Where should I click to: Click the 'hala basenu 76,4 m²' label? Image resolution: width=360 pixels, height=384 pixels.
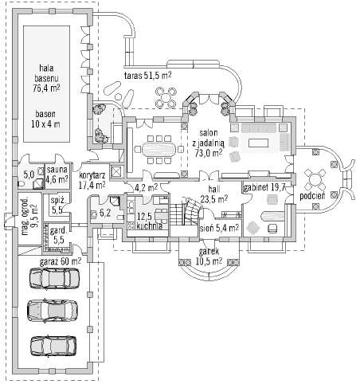pos(46,78)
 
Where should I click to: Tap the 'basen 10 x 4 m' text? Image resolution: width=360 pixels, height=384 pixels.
pos(45,119)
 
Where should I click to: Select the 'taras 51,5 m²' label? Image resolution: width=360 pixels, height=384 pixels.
pos(148,76)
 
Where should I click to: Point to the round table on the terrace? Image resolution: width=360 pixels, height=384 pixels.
pos(166,97)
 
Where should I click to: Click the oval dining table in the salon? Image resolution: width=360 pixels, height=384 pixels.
pos(158,149)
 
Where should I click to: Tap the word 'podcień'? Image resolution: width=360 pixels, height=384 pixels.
pos(312,196)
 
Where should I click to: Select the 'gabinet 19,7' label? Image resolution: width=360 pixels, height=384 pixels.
pos(264,187)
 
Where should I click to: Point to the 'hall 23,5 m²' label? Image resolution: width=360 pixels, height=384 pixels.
pos(214,194)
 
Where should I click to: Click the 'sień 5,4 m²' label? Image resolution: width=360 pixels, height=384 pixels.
pos(220,228)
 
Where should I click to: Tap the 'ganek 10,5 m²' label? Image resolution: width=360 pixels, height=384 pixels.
pos(209,257)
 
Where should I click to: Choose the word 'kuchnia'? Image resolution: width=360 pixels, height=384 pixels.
pos(149,226)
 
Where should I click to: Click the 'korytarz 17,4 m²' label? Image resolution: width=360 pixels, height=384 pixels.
pos(92,180)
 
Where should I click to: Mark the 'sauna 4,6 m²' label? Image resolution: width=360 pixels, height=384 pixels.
pos(57,174)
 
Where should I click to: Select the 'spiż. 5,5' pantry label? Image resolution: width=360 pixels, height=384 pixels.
pos(57,206)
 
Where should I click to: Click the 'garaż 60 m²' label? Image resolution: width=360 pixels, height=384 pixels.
pos(61,261)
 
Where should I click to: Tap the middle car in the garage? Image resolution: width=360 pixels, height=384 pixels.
pos(53,310)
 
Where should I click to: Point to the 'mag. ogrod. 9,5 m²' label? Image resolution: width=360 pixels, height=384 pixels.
pos(29,215)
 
